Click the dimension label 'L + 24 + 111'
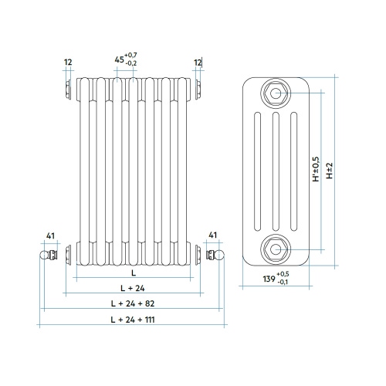(x=132, y=318)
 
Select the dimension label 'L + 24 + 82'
(x=132, y=303)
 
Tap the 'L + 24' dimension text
(x=132, y=287)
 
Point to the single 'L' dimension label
(x=133, y=273)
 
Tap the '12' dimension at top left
(x=68, y=62)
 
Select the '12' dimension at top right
(x=198, y=62)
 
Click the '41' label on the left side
(x=51, y=235)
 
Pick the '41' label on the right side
(x=213, y=235)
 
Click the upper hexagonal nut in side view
(x=276, y=93)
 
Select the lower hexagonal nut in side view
(x=276, y=248)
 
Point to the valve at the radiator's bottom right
(x=216, y=253)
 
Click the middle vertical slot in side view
(x=276, y=171)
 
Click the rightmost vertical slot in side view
(x=293, y=171)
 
